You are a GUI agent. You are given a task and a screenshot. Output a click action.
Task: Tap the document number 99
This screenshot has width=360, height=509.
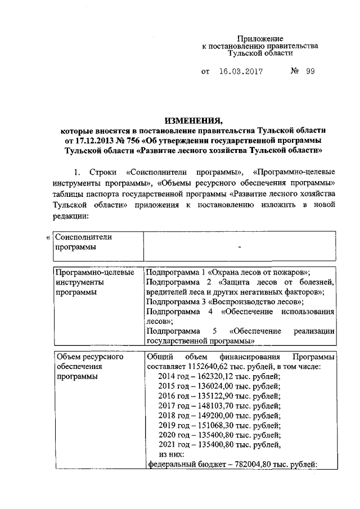pos(309,73)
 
